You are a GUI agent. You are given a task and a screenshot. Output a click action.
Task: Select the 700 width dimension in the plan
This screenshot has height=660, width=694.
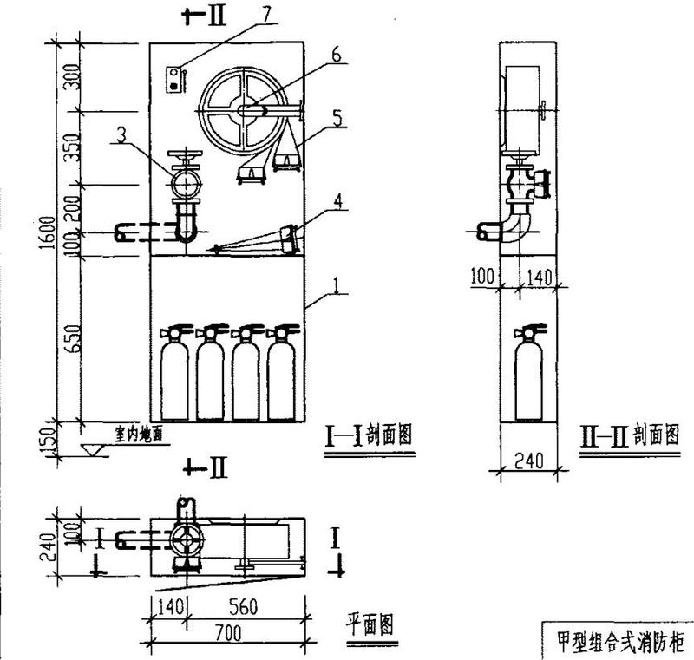pyautogui.click(x=227, y=634)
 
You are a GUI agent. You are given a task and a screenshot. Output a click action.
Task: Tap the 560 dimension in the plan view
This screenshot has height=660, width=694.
pyautogui.click(x=241, y=609)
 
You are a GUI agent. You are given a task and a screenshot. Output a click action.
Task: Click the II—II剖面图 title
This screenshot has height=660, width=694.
pyautogui.click(x=629, y=434)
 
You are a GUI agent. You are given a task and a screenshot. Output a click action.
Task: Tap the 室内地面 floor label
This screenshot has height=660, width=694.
pyautogui.click(x=138, y=433)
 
